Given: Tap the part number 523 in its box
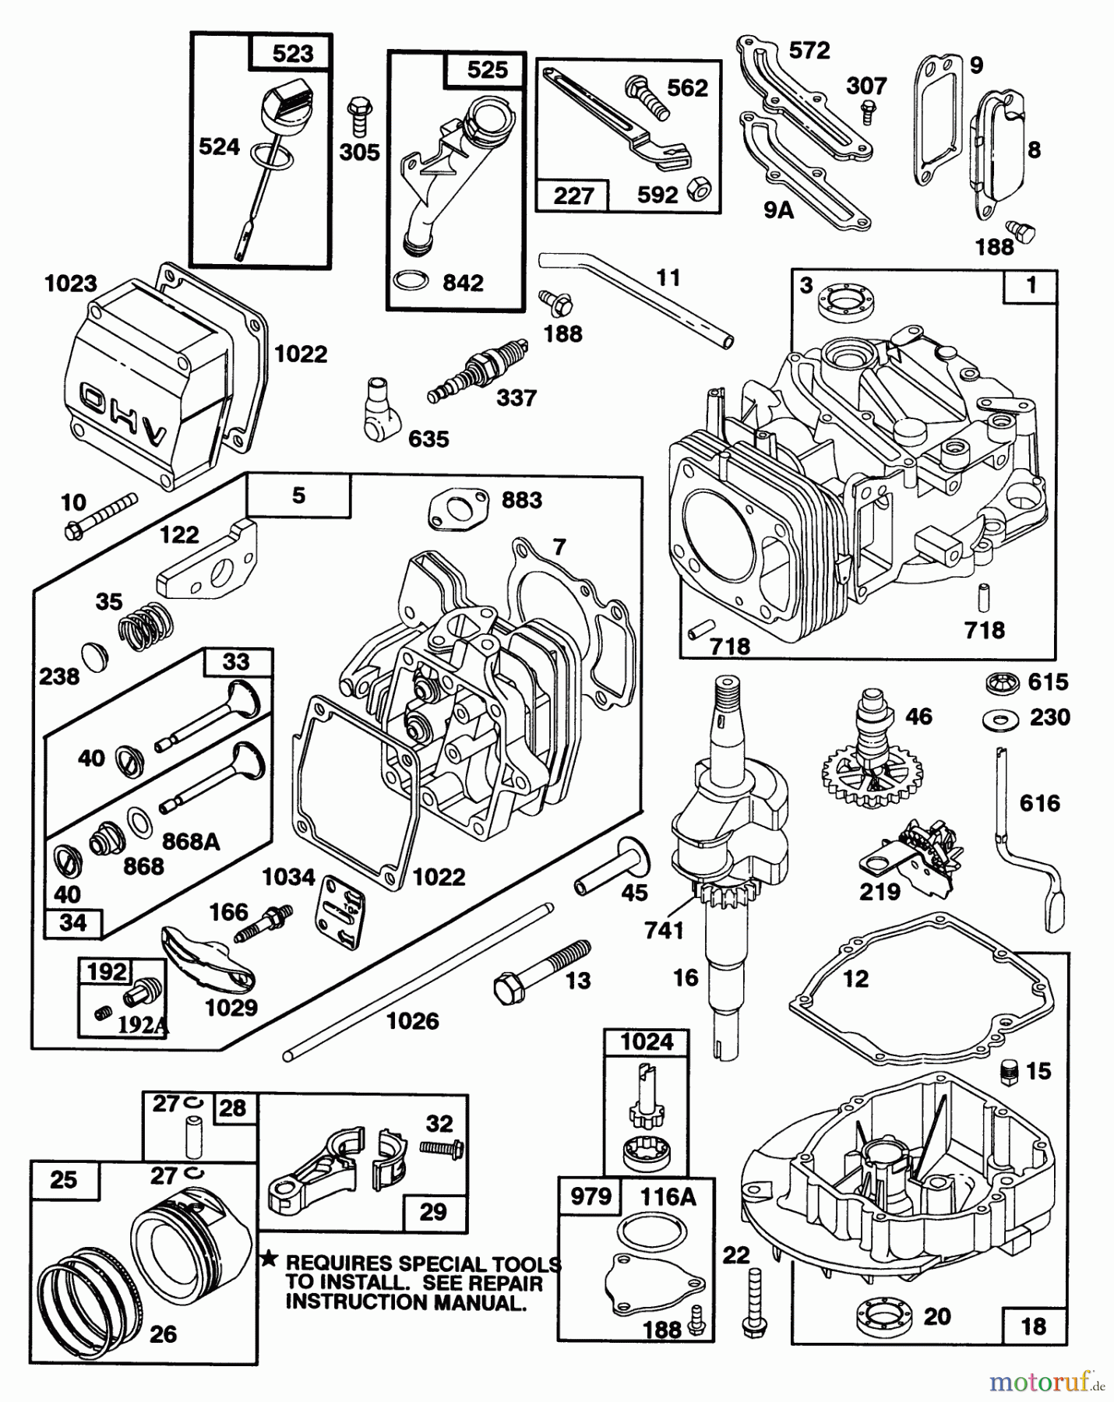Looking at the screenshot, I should coord(292,53).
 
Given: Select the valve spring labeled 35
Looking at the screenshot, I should coord(146,623).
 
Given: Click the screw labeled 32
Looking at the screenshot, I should coord(442,1147).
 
